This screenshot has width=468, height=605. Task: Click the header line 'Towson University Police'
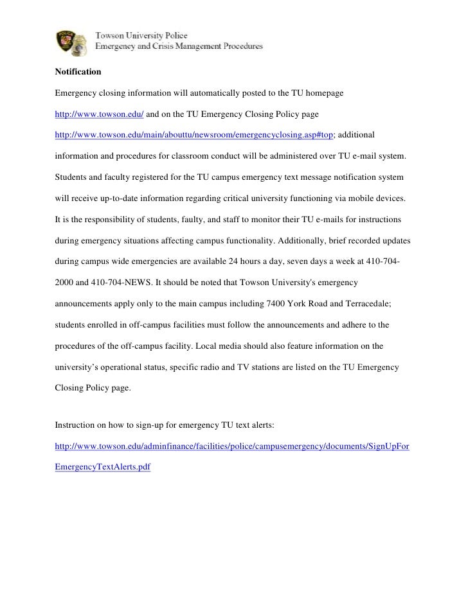tap(141, 36)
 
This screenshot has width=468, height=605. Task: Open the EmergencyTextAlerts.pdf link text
tap(103, 468)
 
